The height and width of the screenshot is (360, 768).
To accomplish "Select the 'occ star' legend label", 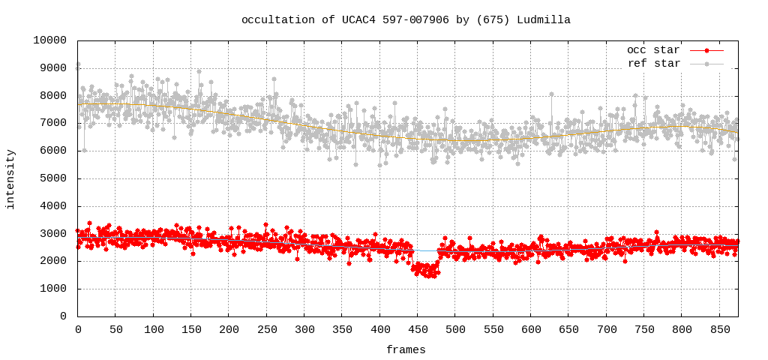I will pyautogui.click(x=652, y=50).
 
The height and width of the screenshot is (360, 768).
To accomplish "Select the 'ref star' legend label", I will pyautogui.click(x=652, y=64).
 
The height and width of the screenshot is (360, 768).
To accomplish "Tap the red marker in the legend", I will pyautogui.click(x=706, y=50).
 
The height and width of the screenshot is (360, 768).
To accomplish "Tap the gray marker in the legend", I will pyautogui.click(x=706, y=64).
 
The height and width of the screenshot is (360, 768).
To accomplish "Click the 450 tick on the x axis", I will pyautogui.click(x=342, y=330).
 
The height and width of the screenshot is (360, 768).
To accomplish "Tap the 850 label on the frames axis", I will pyautogui.click(x=644, y=330).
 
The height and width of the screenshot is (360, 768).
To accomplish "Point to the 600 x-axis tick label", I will pyautogui.click(x=455, y=330).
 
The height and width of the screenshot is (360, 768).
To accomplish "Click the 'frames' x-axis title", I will pyautogui.click(x=406, y=349).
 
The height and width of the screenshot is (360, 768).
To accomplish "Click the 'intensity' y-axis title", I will pyautogui.click(x=10, y=179).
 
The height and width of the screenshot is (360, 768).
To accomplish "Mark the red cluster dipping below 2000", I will pyautogui.click(x=425, y=269).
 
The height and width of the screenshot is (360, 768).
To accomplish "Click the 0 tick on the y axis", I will pyautogui.click(x=63, y=316).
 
